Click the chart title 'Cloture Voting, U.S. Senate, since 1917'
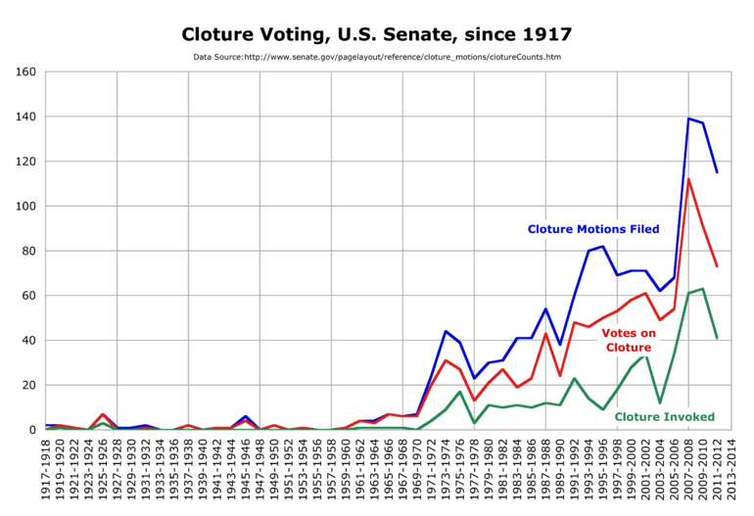tap(377, 34)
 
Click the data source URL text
tap(377, 58)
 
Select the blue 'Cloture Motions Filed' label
tap(593, 229)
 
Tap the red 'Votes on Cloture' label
tap(627, 340)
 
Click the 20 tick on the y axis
tap(27, 385)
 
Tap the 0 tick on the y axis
tap(31, 430)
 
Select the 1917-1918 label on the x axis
tap(46, 469)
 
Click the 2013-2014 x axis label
tap(731, 469)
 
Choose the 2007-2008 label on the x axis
tap(688, 469)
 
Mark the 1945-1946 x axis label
tap(246, 469)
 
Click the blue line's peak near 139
tap(688, 118)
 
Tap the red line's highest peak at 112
tap(688, 179)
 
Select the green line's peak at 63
tap(702, 289)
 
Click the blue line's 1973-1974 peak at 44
tap(446, 331)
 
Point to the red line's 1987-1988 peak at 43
tap(545, 334)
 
